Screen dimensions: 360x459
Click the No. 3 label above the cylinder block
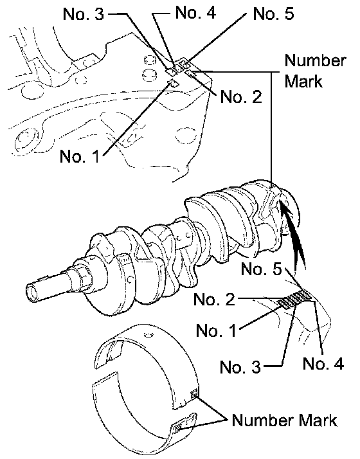(x=84, y=14)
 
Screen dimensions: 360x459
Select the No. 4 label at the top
(x=195, y=13)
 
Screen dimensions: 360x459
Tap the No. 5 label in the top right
(x=273, y=14)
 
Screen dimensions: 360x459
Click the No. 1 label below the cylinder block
(x=80, y=156)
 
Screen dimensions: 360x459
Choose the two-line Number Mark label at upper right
(x=315, y=71)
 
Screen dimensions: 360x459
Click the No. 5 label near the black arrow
(x=262, y=269)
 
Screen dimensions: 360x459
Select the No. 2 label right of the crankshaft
(x=214, y=299)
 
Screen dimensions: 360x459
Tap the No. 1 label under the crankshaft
(x=216, y=330)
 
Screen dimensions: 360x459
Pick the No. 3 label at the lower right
(x=240, y=366)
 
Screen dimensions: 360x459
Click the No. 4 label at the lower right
(x=323, y=363)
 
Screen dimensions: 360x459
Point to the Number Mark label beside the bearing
(x=284, y=420)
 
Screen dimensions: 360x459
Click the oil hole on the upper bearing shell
(x=148, y=334)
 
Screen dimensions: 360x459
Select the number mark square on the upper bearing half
(x=194, y=395)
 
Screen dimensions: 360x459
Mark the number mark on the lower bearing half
(x=177, y=429)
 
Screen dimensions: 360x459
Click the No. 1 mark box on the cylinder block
(x=174, y=84)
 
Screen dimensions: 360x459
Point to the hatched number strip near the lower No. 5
(x=294, y=299)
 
